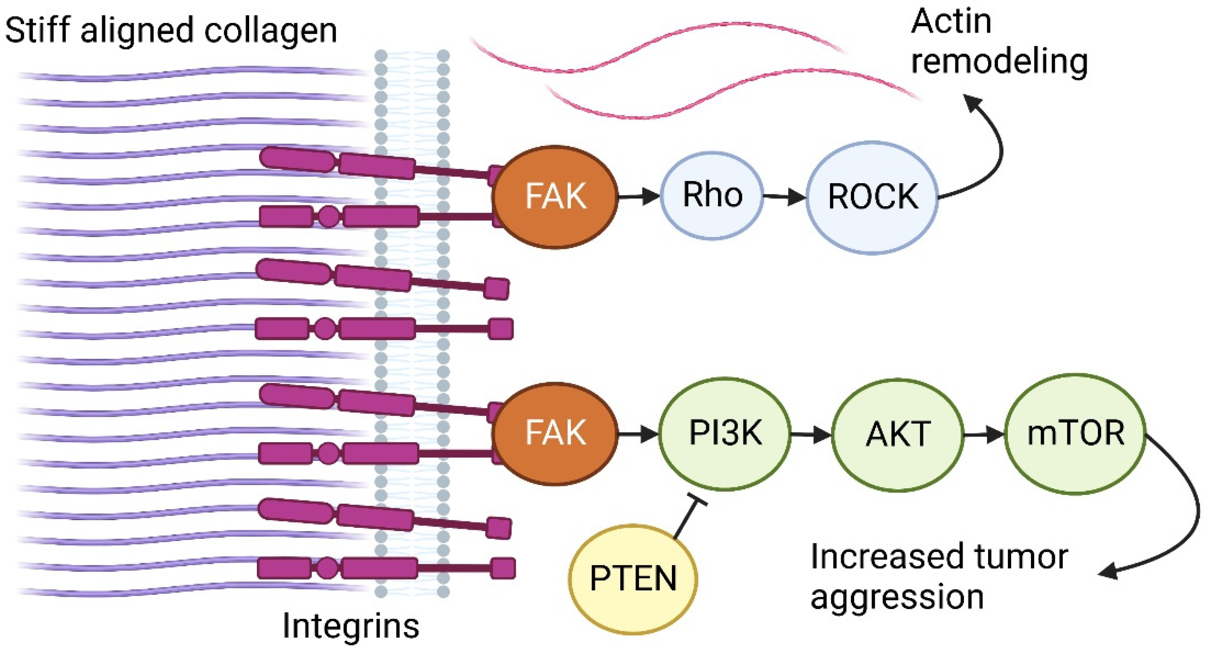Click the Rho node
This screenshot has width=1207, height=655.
[x=712, y=195]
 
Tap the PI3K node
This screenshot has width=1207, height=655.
[x=725, y=433]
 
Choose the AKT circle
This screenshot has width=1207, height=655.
[x=897, y=435]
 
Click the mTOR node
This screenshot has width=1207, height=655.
[x=1075, y=433]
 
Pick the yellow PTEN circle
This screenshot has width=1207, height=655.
[x=632, y=579]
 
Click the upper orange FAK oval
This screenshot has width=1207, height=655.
[x=555, y=196]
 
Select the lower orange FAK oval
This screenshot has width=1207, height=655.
[x=555, y=433]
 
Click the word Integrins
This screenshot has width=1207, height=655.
[x=351, y=626]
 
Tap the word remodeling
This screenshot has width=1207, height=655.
[x=999, y=62]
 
